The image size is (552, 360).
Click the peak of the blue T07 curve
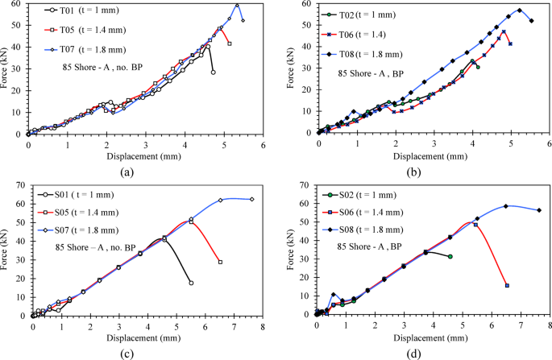click(237, 4)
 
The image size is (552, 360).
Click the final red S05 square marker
click(220, 262)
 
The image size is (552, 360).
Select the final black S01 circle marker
click(191, 283)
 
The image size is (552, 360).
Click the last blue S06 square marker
click(507, 285)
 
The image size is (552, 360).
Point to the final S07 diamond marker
click(252, 199)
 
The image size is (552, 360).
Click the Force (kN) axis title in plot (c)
click(9, 250)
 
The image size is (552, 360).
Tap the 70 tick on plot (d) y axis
click(306, 185)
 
